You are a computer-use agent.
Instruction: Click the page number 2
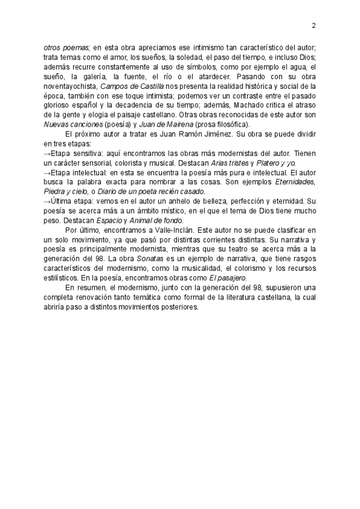click(314, 25)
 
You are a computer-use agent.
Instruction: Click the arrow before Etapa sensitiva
click(48, 154)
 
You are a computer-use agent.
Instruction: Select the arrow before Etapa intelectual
click(48, 173)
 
